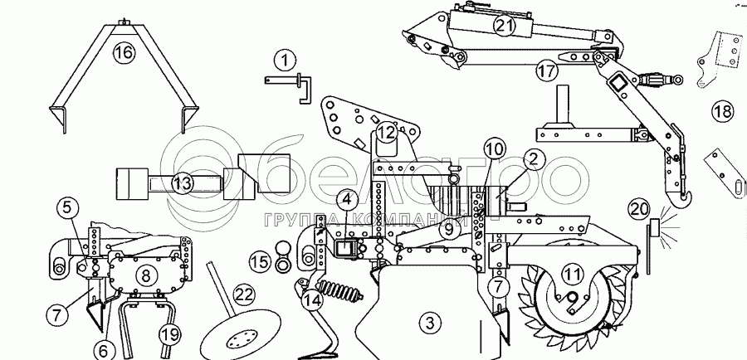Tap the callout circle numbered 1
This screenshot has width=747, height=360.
[285, 60]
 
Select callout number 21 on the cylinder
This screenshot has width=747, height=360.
[504, 26]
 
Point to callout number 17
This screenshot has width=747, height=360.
[544, 71]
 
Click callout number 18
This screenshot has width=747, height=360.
[722, 110]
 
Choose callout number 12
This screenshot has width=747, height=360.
[384, 132]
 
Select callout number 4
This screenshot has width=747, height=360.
[347, 199]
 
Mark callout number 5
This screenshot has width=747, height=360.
[69, 207]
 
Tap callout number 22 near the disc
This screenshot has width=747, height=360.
[243, 294]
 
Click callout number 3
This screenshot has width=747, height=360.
[427, 322]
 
